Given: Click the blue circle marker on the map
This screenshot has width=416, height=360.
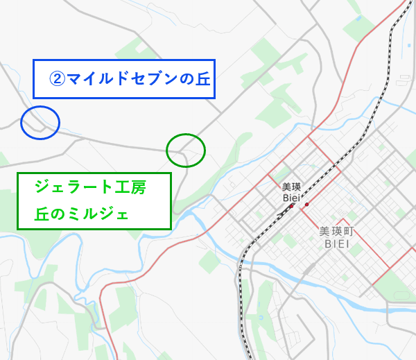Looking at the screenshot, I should pyautogui.click(x=40, y=122).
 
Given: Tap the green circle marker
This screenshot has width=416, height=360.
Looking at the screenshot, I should pyautogui.click(x=186, y=150).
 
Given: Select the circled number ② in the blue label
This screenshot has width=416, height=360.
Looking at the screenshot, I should pyautogui.click(x=56, y=78).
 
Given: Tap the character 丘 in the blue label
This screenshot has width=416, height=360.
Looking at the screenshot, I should pyautogui.click(x=201, y=78).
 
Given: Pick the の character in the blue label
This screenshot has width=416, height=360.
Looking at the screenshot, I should pyautogui.click(x=184, y=78).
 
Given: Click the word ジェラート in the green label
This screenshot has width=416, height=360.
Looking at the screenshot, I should pyautogui.click(x=71, y=187).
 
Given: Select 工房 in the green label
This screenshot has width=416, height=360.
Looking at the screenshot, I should pyautogui.click(x=130, y=187).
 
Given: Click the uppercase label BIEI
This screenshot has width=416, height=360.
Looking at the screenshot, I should pyautogui.click(x=340, y=245).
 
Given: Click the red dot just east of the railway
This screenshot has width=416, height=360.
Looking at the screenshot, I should pyautogui.click(x=306, y=205).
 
